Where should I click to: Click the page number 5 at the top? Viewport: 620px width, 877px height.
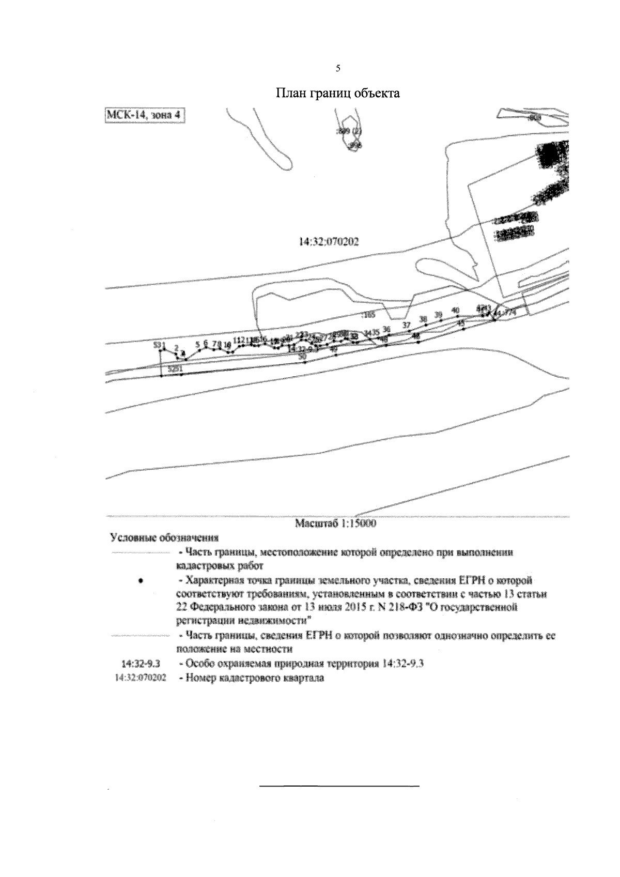(x=338, y=68)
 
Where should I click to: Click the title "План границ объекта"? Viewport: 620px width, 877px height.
(x=337, y=94)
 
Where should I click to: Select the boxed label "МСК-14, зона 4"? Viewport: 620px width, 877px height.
(x=144, y=115)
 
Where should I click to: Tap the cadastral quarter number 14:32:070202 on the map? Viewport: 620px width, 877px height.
(x=329, y=241)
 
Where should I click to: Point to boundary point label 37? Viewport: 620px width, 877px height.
(x=407, y=325)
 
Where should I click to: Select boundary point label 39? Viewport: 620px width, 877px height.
(x=439, y=314)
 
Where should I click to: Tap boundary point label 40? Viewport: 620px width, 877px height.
(x=456, y=310)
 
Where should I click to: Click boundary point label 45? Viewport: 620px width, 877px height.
(x=461, y=322)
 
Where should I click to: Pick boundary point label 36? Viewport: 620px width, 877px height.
(x=386, y=329)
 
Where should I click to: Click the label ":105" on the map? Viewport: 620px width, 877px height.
(x=369, y=314)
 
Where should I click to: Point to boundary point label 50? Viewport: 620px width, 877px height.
(x=303, y=356)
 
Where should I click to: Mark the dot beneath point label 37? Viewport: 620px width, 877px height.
(x=409, y=331)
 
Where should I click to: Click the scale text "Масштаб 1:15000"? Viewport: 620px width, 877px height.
(x=335, y=523)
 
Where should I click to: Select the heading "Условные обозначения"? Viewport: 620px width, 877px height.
(x=150, y=537)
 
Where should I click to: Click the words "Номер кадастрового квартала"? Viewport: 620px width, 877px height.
(x=251, y=678)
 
